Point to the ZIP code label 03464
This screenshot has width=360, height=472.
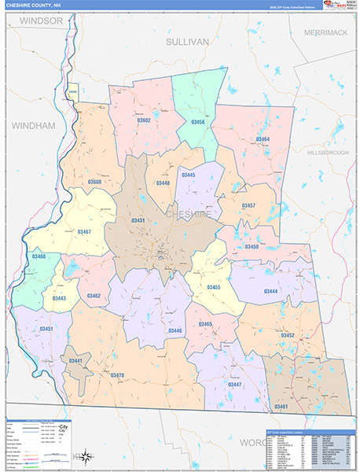point(262,139)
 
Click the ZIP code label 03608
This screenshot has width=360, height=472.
point(94,182)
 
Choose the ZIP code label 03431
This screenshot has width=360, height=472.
point(138,220)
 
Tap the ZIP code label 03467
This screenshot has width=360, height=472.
point(84,231)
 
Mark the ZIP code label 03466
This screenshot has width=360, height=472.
point(39,256)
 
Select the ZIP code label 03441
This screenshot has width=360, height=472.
point(75,360)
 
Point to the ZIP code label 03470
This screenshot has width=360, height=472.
point(117,375)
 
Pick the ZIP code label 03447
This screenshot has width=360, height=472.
point(234,384)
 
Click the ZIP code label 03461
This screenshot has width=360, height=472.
point(281,406)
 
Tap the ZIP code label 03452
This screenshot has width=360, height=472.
point(287,335)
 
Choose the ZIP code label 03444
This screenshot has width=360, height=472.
point(270,291)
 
